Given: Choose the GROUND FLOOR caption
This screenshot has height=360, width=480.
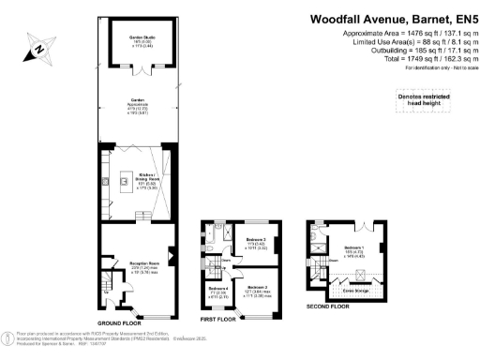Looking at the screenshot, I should click(125, 323).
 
